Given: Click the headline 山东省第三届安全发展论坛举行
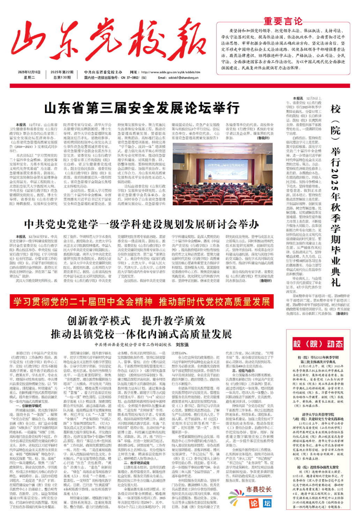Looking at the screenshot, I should pos(131,108).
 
